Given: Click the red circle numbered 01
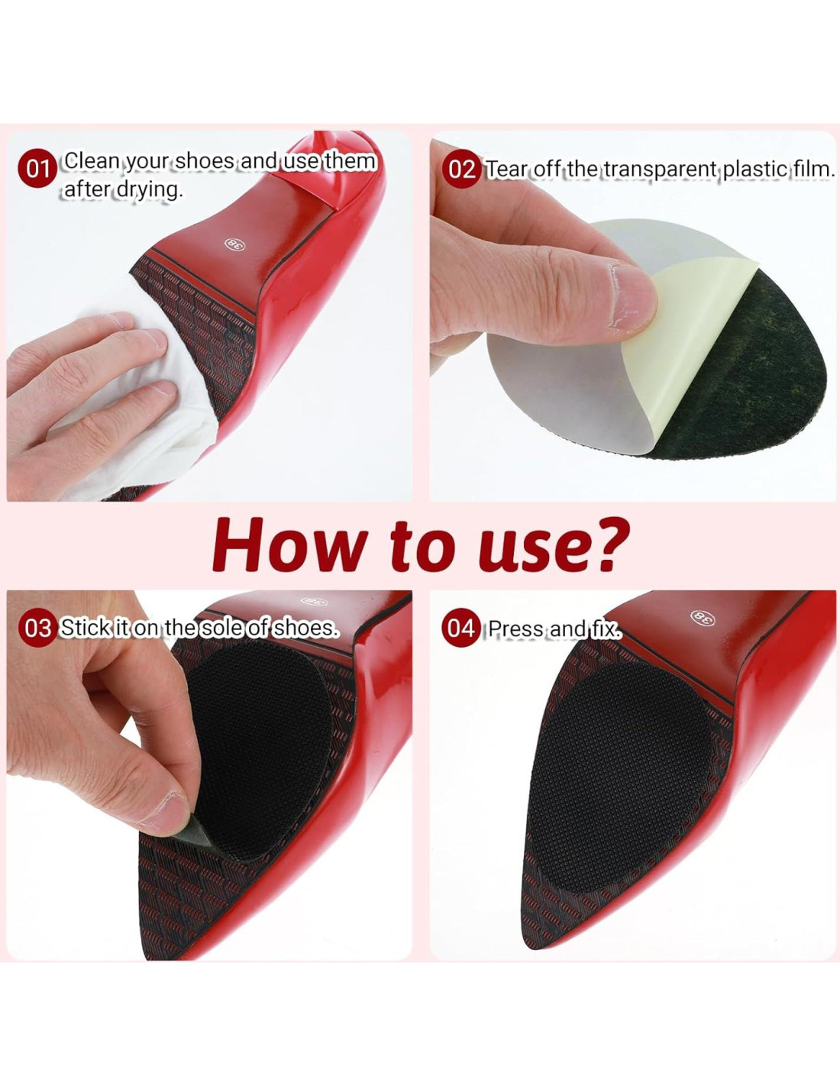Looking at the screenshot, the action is click(x=36, y=170).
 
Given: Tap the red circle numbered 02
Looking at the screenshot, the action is click(x=460, y=170).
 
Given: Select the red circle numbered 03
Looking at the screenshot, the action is click(x=36, y=629).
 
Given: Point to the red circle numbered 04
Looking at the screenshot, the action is click(x=460, y=629).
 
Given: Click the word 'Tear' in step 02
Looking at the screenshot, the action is click(x=506, y=170).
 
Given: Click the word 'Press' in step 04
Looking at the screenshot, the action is click(x=515, y=629).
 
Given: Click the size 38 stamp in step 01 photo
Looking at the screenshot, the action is click(x=232, y=244).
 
